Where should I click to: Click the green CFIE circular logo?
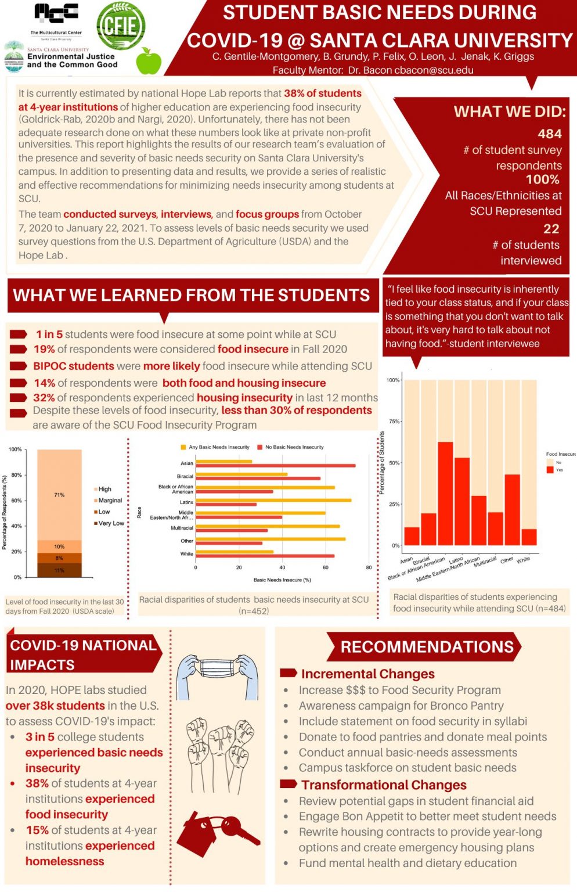click(x=121, y=26)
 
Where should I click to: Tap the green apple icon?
click(x=149, y=62)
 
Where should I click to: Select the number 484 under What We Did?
click(x=549, y=134)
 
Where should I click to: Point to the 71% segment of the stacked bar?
click(x=59, y=495)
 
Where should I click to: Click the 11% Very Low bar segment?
click(x=59, y=570)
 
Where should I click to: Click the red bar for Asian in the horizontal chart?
click(x=275, y=466)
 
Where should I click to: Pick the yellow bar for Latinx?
click(x=273, y=499)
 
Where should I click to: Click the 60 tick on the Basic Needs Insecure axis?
click(x=326, y=567)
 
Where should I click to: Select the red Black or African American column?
click(x=445, y=493)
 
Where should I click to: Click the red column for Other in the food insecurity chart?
click(x=512, y=509)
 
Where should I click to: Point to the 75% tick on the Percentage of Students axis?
click(x=394, y=421)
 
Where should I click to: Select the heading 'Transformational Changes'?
click(x=383, y=785)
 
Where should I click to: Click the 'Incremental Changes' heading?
click(x=367, y=674)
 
